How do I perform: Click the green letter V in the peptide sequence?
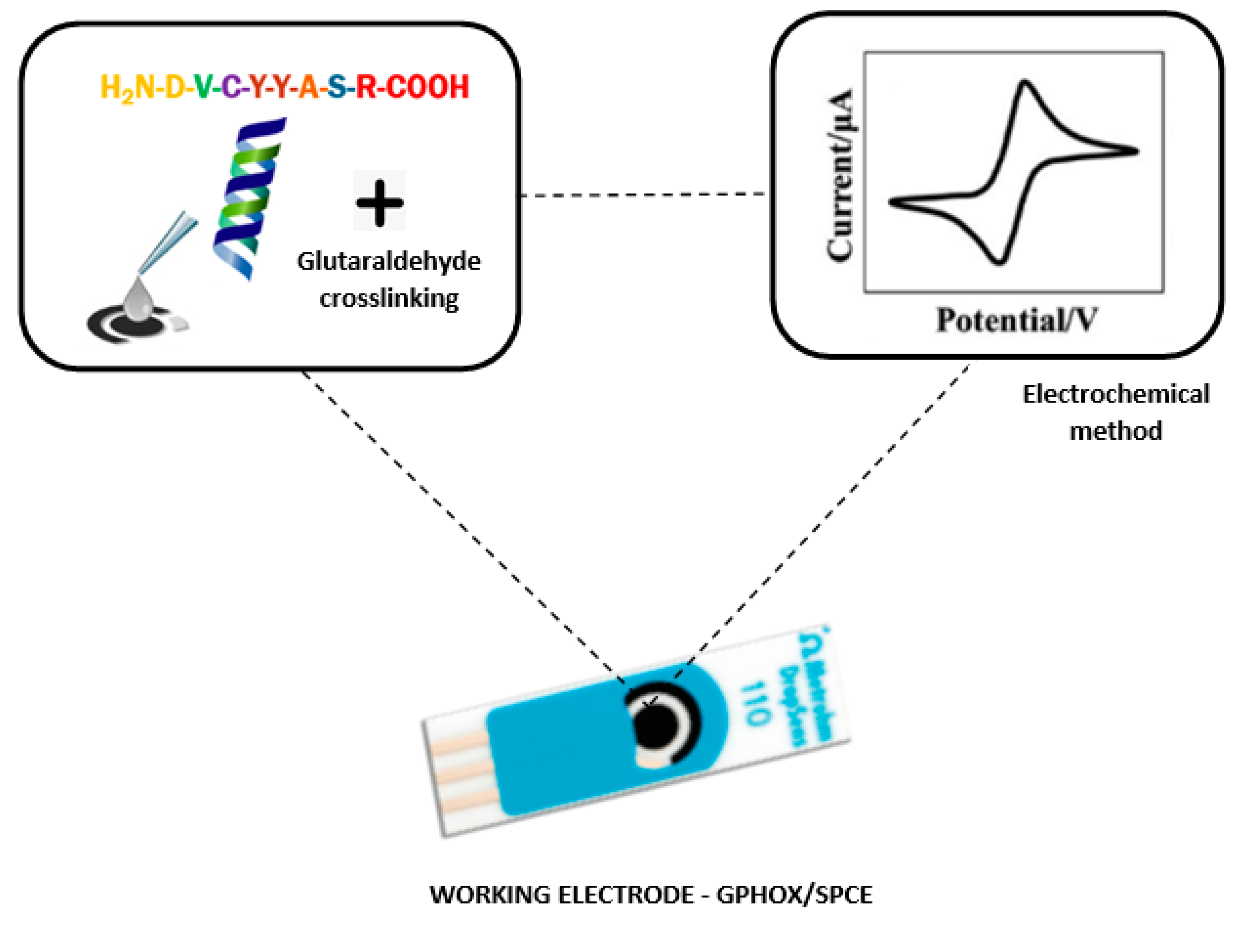pyautogui.click(x=203, y=87)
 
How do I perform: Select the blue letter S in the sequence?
pyautogui.click(x=337, y=87)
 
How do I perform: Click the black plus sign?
pyautogui.click(x=380, y=202)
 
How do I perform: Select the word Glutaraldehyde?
pyautogui.click(x=389, y=261)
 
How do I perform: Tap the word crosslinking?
pyautogui.click(x=389, y=299)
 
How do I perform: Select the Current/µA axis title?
pyautogui.click(x=840, y=175)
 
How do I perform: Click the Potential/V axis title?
pyautogui.click(x=1016, y=320)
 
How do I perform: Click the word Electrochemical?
pyautogui.click(x=1116, y=394)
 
